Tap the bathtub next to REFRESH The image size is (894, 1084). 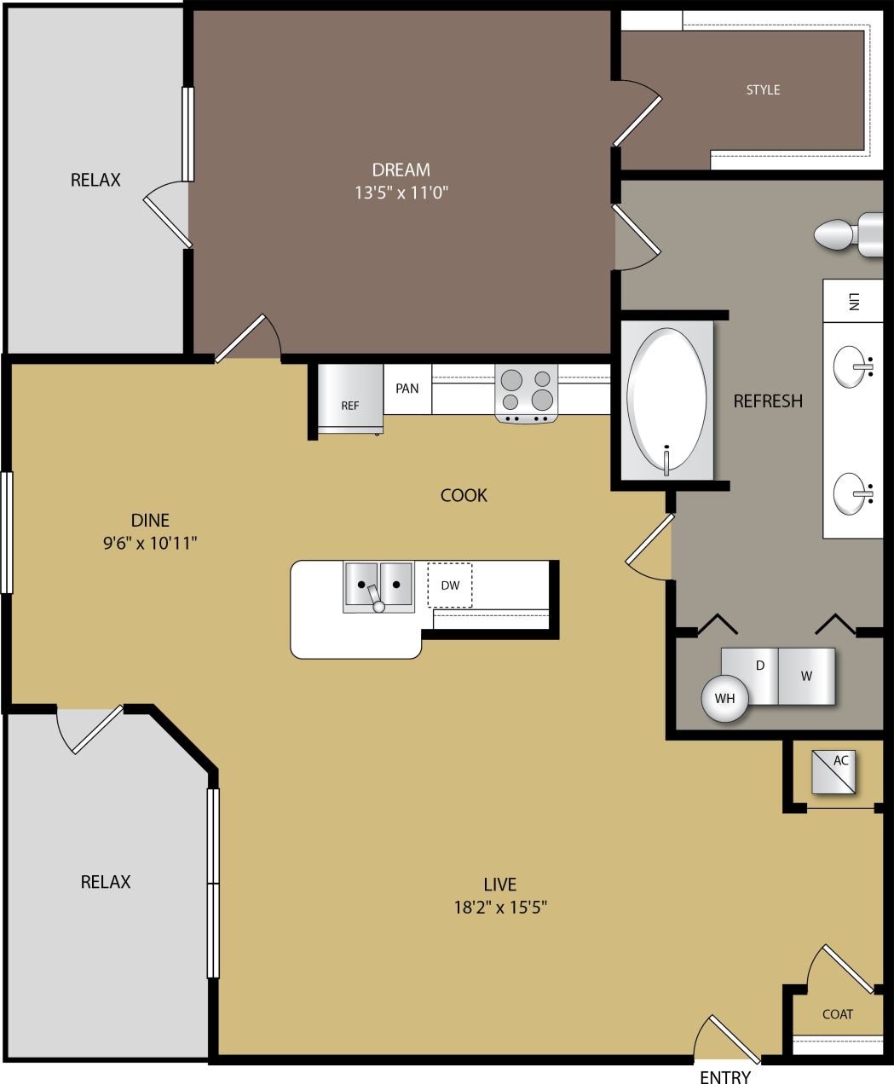pos(666,400)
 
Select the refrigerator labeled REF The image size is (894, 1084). pos(349,398)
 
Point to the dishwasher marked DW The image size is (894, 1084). pos(450,585)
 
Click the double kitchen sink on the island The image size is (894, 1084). pos(378,585)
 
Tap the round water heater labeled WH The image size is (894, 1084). pos(724,699)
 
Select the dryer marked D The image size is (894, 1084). pos(755,675)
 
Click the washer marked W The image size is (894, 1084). pos(806,676)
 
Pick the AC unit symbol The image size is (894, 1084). pos(834,771)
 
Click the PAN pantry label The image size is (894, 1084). pos(407,389)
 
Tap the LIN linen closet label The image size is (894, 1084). pos(853,301)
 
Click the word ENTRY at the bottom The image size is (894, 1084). pos(724,1076)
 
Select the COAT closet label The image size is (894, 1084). pos(837,1014)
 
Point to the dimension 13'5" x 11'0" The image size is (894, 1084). pos(401,193)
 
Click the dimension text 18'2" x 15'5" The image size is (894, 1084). pos(499,908)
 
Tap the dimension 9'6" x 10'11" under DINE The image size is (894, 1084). pos(150,542)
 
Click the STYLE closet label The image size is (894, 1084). pos(763,89)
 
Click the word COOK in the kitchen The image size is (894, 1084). pos(464,495)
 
